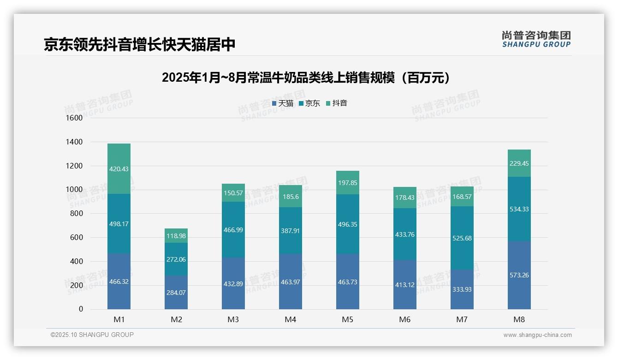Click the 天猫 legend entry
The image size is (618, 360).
pyautogui.click(x=283, y=103)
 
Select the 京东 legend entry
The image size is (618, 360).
pyautogui.click(x=309, y=103)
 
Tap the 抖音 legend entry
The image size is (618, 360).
pyautogui.click(x=337, y=103)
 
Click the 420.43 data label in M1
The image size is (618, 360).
pyautogui.click(x=119, y=169)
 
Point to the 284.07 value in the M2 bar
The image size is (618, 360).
pyautogui.click(x=176, y=292)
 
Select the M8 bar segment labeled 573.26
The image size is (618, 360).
pyautogui.click(x=519, y=275)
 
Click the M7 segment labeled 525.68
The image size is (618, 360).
pyautogui.click(x=462, y=238)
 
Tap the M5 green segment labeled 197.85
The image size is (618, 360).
pyautogui.click(x=348, y=183)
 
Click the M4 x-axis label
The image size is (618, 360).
pyautogui.click(x=291, y=319)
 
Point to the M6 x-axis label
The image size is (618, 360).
pyautogui.click(x=405, y=319)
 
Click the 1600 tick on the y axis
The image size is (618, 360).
pyautogui.click(x=74, y=118)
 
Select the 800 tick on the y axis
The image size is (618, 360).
pyautogui.click(x=77, y=214)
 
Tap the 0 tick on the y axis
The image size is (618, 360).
pyautogui.click(x=81, y=309)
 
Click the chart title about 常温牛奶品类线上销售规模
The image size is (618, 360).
pyautogui.click(x=306, y=78)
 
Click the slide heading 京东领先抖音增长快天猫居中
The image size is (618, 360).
pyautogui.click(x=140, y=44)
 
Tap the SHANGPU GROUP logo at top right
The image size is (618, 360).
pyautogui.click(x=536, y=39)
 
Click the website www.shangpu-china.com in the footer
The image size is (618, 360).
pyautogui.click(x=537, y=335)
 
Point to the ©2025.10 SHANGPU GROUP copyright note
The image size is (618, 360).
pyautogui.click(x=92, y=335)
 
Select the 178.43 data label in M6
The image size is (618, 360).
pyautogui.click(x=405, y=198)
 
